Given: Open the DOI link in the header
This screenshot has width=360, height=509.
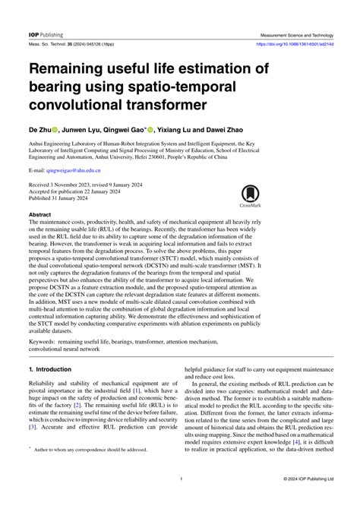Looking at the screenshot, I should point(302,44).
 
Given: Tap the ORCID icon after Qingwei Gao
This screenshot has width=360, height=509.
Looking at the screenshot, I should point(151,130).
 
